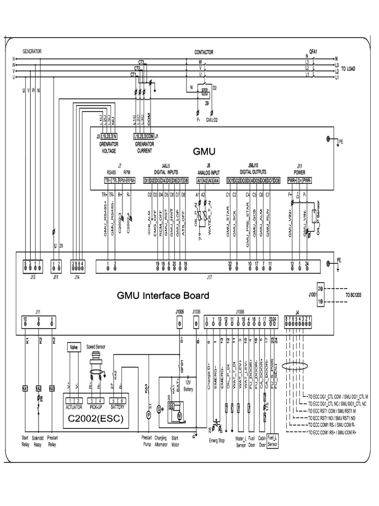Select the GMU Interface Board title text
[163, 295]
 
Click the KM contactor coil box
[204, 92]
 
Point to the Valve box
[75, 347]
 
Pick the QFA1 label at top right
[312, 51]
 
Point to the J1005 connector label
[180, 312]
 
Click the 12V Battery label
[188, 385]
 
